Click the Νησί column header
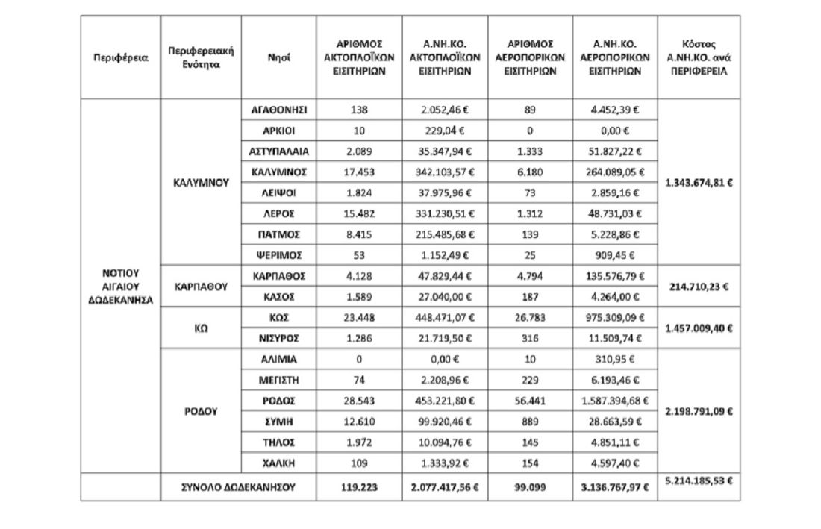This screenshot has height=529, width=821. tap(279, 57)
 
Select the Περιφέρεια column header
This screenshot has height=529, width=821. tap(120, 57)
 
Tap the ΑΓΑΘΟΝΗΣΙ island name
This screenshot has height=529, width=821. tap(279, 110)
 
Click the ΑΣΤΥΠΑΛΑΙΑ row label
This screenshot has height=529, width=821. tap(279, 151)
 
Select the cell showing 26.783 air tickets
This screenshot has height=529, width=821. tap(529, 317)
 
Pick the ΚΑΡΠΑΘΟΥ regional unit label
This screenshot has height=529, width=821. tap(201, 287)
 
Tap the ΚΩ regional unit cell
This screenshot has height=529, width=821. tap(201, 328)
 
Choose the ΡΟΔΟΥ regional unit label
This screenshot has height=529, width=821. tap(201, 410)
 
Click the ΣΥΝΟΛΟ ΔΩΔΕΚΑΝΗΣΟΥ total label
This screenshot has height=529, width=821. tap(240, 487)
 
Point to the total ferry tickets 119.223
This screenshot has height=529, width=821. tap(359, 487)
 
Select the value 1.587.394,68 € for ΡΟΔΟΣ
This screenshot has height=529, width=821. tap(616, 401)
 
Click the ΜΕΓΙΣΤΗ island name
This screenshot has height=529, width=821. tap(279, 380)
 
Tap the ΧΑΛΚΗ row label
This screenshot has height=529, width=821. tap(279, 463)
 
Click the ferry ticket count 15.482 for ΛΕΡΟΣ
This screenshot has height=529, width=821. tap(359, 214)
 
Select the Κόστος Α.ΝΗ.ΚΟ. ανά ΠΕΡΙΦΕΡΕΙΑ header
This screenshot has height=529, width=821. tap(699, 57)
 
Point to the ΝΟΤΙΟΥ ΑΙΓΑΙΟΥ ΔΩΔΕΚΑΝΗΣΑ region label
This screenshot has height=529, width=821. tap(120, 287)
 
